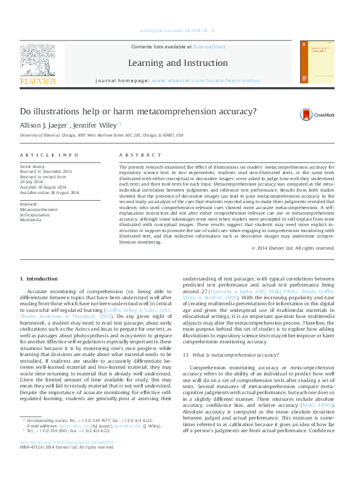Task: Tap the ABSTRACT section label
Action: point(137,155)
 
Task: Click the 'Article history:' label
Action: point(34,166)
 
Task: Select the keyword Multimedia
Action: point(31,220)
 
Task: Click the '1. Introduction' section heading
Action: point(39,279)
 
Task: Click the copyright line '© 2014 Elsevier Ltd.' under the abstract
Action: point(293,248)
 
